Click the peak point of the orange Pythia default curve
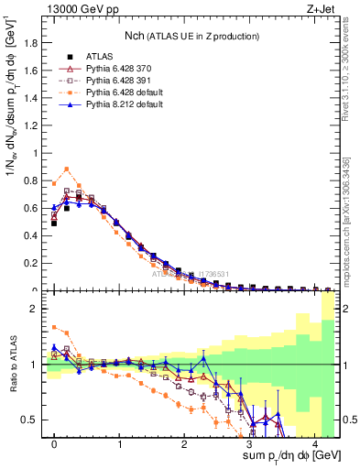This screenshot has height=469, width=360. pos(67,169)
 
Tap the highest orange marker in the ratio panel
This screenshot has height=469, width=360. pos(54,327)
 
